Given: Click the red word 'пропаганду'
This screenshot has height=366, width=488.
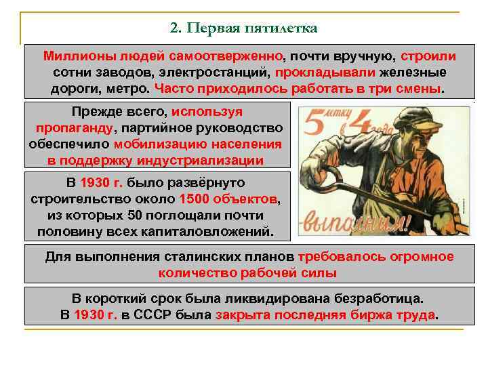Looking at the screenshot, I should pyautogui.click(x=75, y=127).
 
